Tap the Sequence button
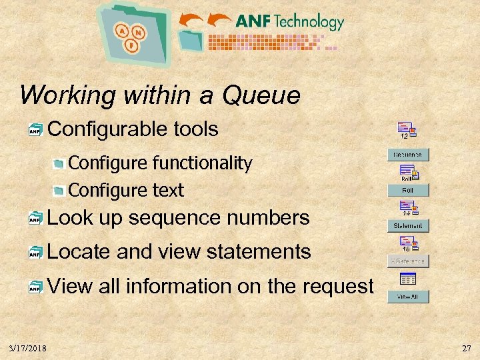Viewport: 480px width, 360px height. (408, 155)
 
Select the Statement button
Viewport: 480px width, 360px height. (408, 226)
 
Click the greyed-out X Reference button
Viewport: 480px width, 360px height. (408, 261)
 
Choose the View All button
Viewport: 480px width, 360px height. (408, 297)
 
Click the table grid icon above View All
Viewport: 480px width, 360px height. (407, 279)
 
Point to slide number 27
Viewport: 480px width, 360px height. (465, 348)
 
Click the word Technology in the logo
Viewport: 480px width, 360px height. (308, 21)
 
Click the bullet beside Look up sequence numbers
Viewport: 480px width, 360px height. (35, 219)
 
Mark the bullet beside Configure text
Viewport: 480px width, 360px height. (59, 191)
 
